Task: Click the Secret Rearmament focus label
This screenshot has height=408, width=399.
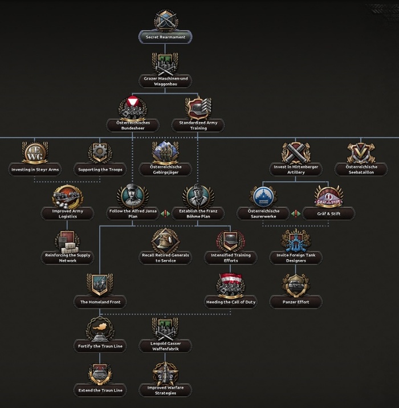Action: click(165, 37)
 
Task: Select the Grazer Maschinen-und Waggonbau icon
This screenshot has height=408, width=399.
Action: click(165, 62)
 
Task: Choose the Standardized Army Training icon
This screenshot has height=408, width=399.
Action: click(198, 108)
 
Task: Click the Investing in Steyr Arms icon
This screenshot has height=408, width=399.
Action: click(35, 153)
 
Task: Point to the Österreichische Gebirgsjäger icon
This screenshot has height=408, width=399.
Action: click(165, 152)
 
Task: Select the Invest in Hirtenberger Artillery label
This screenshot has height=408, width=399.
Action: click(296, 169)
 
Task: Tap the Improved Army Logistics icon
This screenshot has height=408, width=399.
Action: click(67, 197)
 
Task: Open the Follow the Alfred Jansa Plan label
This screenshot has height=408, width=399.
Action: click(132, 213)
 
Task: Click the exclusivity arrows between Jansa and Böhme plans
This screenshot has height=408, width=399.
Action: click(165, 213)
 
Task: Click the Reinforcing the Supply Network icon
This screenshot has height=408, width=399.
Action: click(67, 241)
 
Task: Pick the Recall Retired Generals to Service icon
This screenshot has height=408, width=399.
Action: click(165, 241)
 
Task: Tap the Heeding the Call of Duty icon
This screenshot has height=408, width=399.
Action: click(230, 285)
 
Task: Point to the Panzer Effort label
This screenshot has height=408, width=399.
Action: click(296, 302)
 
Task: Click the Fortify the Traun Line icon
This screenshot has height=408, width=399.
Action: click(99, 329)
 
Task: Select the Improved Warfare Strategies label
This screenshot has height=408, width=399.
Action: click(165, 390)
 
